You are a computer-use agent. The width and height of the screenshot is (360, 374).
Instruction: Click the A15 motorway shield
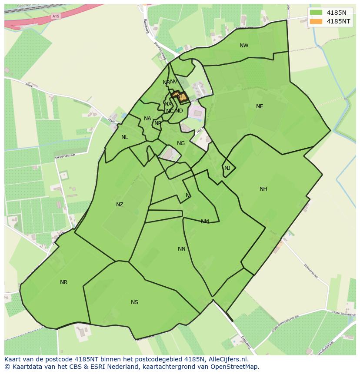(55, 16)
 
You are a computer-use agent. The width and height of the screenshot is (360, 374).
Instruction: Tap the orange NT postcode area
(180, 97)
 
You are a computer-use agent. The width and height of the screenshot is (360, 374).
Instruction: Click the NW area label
(244, 46)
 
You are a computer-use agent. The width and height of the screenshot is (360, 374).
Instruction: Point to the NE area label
(260, 106)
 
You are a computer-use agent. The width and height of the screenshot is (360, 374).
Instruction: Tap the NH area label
(263, 189)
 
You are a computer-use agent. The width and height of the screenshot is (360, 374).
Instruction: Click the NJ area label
(227, 168)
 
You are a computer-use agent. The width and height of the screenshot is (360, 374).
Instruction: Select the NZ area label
(120, 205)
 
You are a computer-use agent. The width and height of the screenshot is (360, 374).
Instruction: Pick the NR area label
(63, 282)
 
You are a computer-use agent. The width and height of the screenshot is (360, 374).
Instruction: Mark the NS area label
(134, 302)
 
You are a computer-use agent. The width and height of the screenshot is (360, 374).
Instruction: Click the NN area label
(182, 249)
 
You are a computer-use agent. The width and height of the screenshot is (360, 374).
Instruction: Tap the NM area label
(205, 222)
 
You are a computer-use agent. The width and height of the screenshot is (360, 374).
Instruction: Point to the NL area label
(125, 137)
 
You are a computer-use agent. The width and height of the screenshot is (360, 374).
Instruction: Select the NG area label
(181, 143)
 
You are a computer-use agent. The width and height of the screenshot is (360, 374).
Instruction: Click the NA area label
(147, 119)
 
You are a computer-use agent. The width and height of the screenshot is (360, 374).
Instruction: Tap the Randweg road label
(146, 27)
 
